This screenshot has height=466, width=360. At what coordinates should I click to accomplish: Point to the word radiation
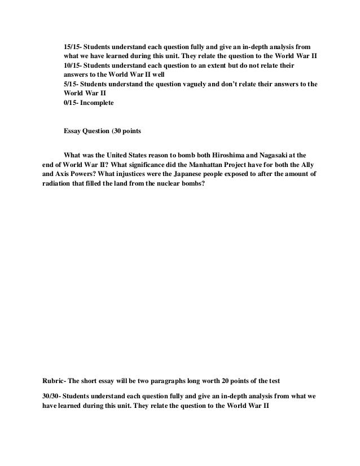click(x=57, y=184)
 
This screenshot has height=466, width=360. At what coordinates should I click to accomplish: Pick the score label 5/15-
click(x=72, y=84)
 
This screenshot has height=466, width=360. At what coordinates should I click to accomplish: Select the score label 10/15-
click(x=74, y=64)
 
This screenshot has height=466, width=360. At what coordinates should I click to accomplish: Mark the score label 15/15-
click(x=74, y=44)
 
